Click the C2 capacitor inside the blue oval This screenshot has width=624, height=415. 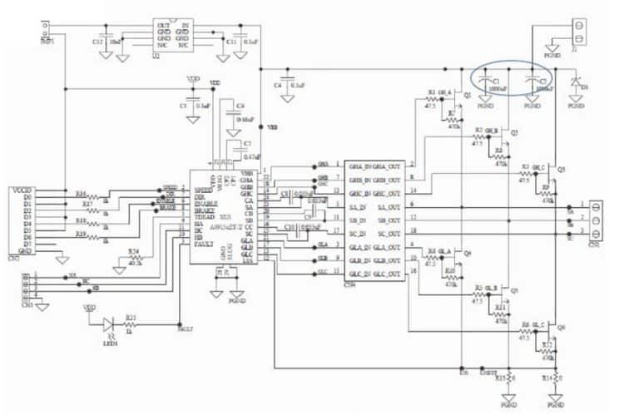point(532,81)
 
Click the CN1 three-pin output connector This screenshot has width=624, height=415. point(594,220)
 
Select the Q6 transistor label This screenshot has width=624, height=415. point(562,327)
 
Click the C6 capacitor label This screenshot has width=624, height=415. point(240,106)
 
